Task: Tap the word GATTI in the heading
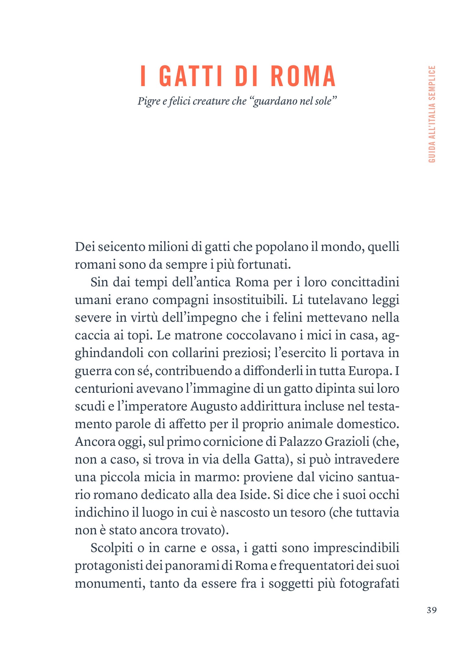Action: point(191,76)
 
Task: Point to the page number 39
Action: point(431,610)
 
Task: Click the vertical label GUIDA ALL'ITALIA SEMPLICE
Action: point(432,114)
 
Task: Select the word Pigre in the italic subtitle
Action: point(148,101)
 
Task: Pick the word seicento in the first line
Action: point(121,247)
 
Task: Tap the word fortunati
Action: point(264,265)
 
